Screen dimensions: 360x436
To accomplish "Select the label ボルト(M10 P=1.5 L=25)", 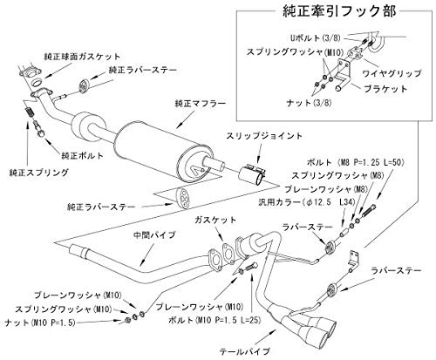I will click(202, 319).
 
